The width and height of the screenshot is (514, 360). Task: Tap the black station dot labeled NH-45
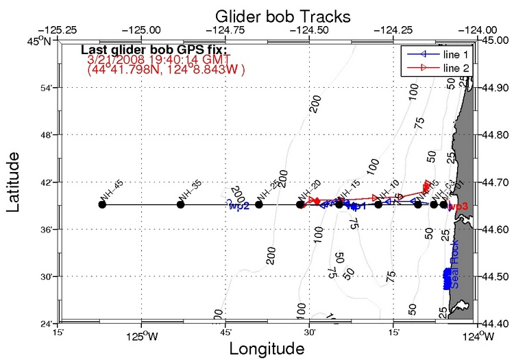102,204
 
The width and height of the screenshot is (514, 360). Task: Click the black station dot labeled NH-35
180,204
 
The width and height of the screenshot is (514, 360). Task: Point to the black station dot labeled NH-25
259,204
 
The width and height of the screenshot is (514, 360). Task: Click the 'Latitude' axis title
13,184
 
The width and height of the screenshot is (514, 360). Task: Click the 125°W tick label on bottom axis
141,335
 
